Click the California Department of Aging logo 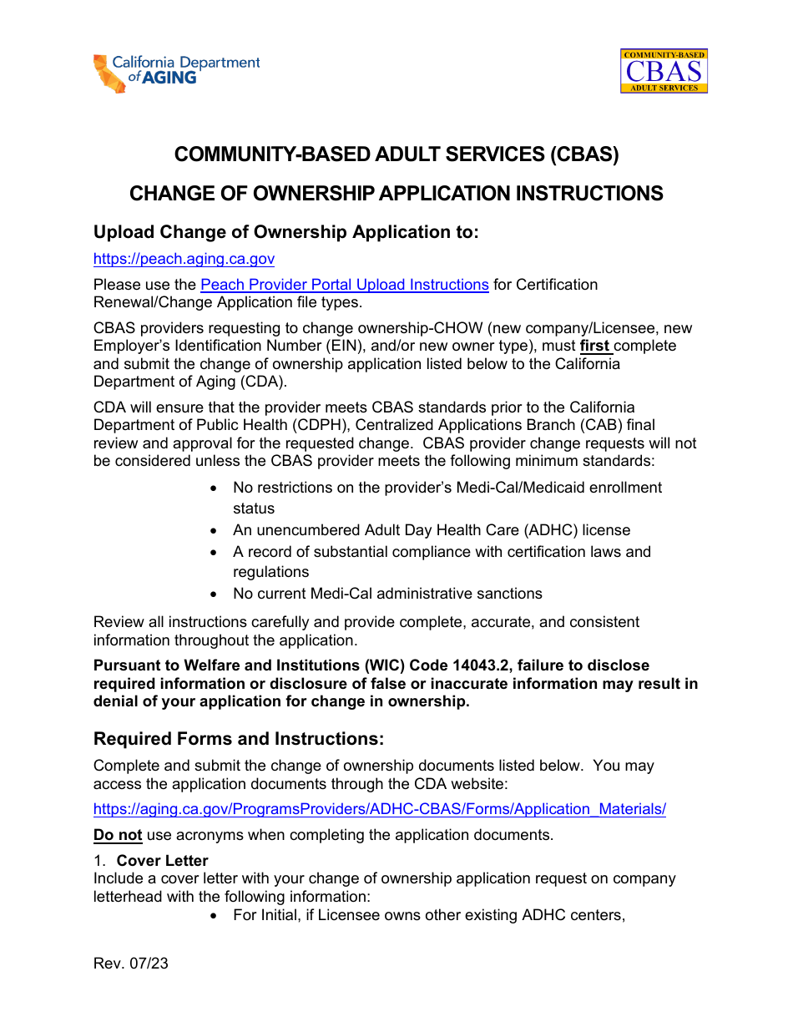(176, 73)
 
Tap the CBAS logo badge (664, 71)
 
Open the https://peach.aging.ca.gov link (184, 260)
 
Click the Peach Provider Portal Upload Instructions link (344, 285)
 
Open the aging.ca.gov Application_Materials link (379, 809)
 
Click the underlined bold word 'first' (594, 346)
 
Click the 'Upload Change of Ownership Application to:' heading (286, 232)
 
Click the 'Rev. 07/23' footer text (131, 964)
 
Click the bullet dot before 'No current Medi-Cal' (215, 594)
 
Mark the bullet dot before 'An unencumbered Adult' (215, 531)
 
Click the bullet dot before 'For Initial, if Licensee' (215, 916)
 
